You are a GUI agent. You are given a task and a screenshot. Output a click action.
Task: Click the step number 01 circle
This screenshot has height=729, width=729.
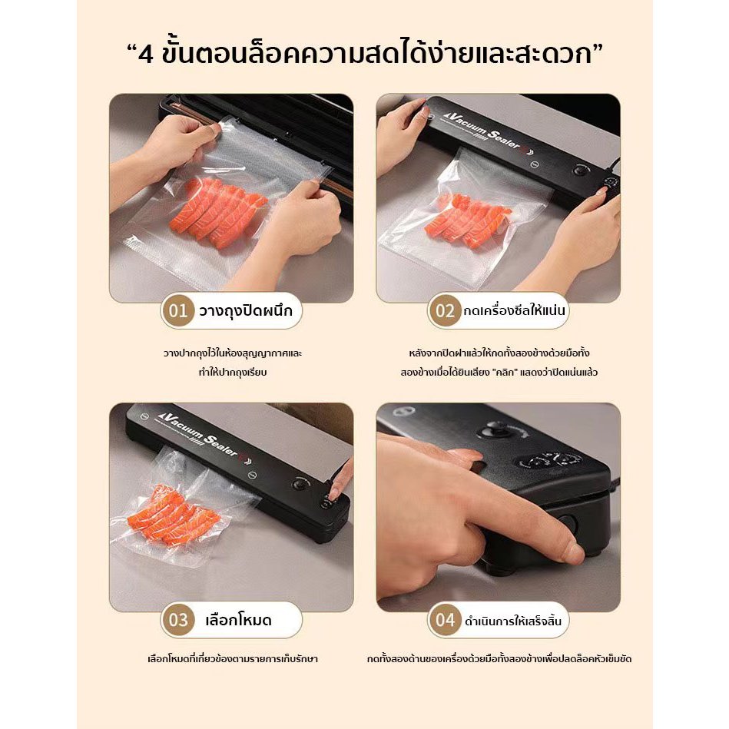(x=177, y=310)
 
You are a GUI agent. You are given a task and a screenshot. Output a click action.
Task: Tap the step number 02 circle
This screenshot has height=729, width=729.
(x=445, y=310)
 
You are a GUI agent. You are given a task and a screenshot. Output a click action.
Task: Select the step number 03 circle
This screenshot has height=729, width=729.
(x=177, y=620)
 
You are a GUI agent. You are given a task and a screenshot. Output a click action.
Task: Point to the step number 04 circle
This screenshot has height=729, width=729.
(x=445, y=620)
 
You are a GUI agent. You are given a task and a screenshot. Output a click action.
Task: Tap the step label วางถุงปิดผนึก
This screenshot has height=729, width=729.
(x=246, y=310)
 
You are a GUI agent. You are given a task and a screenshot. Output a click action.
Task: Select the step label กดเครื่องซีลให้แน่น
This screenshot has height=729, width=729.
(x=514, y=310)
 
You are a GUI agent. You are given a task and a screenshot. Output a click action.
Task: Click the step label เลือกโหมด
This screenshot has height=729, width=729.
(x=238, y=620)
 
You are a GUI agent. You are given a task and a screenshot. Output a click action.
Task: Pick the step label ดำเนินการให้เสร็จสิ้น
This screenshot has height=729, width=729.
(x=513, y=621)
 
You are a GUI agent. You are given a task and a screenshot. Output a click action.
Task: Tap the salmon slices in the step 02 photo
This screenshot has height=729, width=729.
(x=468, y=221)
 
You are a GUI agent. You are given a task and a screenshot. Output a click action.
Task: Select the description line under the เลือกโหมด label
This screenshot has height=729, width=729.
(x=233, y=659)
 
